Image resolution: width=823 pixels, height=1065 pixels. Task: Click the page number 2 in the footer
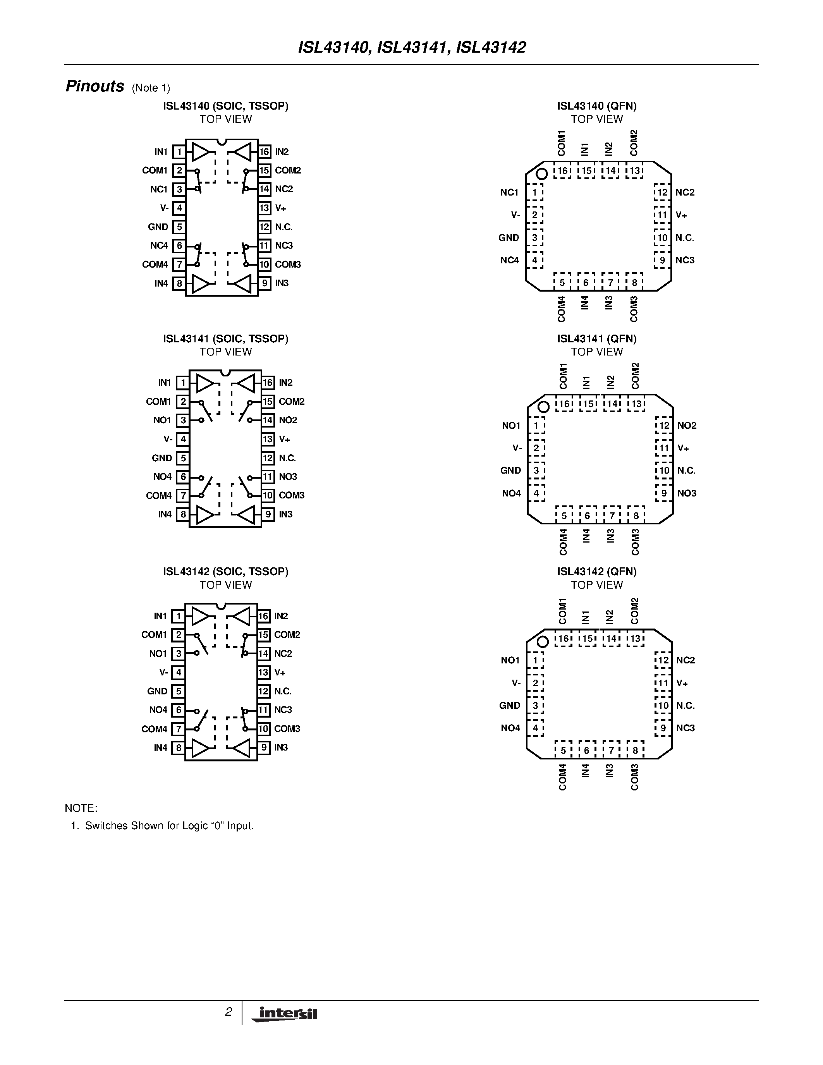click(x=228, y=1012)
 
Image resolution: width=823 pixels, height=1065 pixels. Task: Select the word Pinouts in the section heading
click(x=94, y=86)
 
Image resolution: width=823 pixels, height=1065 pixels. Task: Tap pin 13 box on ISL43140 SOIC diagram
click(x=264, y=208)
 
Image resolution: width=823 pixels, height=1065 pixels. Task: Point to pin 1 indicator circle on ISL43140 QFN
click(x=542, y=173)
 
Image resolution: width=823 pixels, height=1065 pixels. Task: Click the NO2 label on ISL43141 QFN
click(x=687, y=426)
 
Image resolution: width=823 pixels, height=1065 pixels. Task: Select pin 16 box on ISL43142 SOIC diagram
click(x=263, y=616)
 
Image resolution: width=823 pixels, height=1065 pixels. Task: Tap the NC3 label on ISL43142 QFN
click(x=685, y=728)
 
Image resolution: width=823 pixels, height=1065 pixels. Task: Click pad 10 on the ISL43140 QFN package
click(x=662, y=238)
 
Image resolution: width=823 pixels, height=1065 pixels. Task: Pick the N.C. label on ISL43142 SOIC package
click(x=283, y=691)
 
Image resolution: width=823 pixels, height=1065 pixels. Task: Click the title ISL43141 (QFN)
click(x=597, y=338)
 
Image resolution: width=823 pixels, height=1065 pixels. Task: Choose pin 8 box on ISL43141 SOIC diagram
click(x=183, y=514)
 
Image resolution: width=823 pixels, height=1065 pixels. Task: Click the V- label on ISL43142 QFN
click(x=516, y=683)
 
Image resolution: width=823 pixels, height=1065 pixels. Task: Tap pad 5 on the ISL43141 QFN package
click(x=564, y=515)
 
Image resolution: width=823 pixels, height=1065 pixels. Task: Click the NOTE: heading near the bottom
click(x=81, y=808)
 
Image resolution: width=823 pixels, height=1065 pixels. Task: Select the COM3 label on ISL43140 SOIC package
click(x=288, y=264)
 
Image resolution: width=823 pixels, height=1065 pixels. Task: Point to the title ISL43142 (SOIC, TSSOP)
click(x=225, y=571)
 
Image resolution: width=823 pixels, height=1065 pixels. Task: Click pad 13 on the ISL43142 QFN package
click(x=635, y=639)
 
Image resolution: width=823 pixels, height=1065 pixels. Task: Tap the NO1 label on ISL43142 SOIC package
click(x=158, y=653)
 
